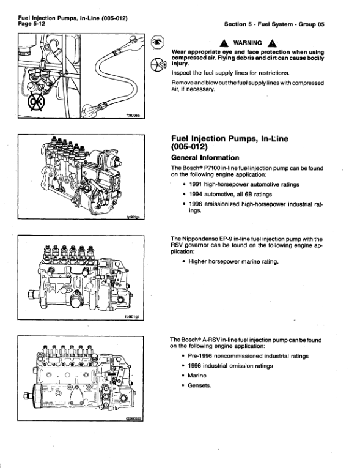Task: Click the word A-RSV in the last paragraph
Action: tap(208, 340)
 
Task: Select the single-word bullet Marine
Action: tap(198, 376)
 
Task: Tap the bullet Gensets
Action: tap(200, 386)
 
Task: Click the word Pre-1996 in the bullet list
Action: tap(204, 355)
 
